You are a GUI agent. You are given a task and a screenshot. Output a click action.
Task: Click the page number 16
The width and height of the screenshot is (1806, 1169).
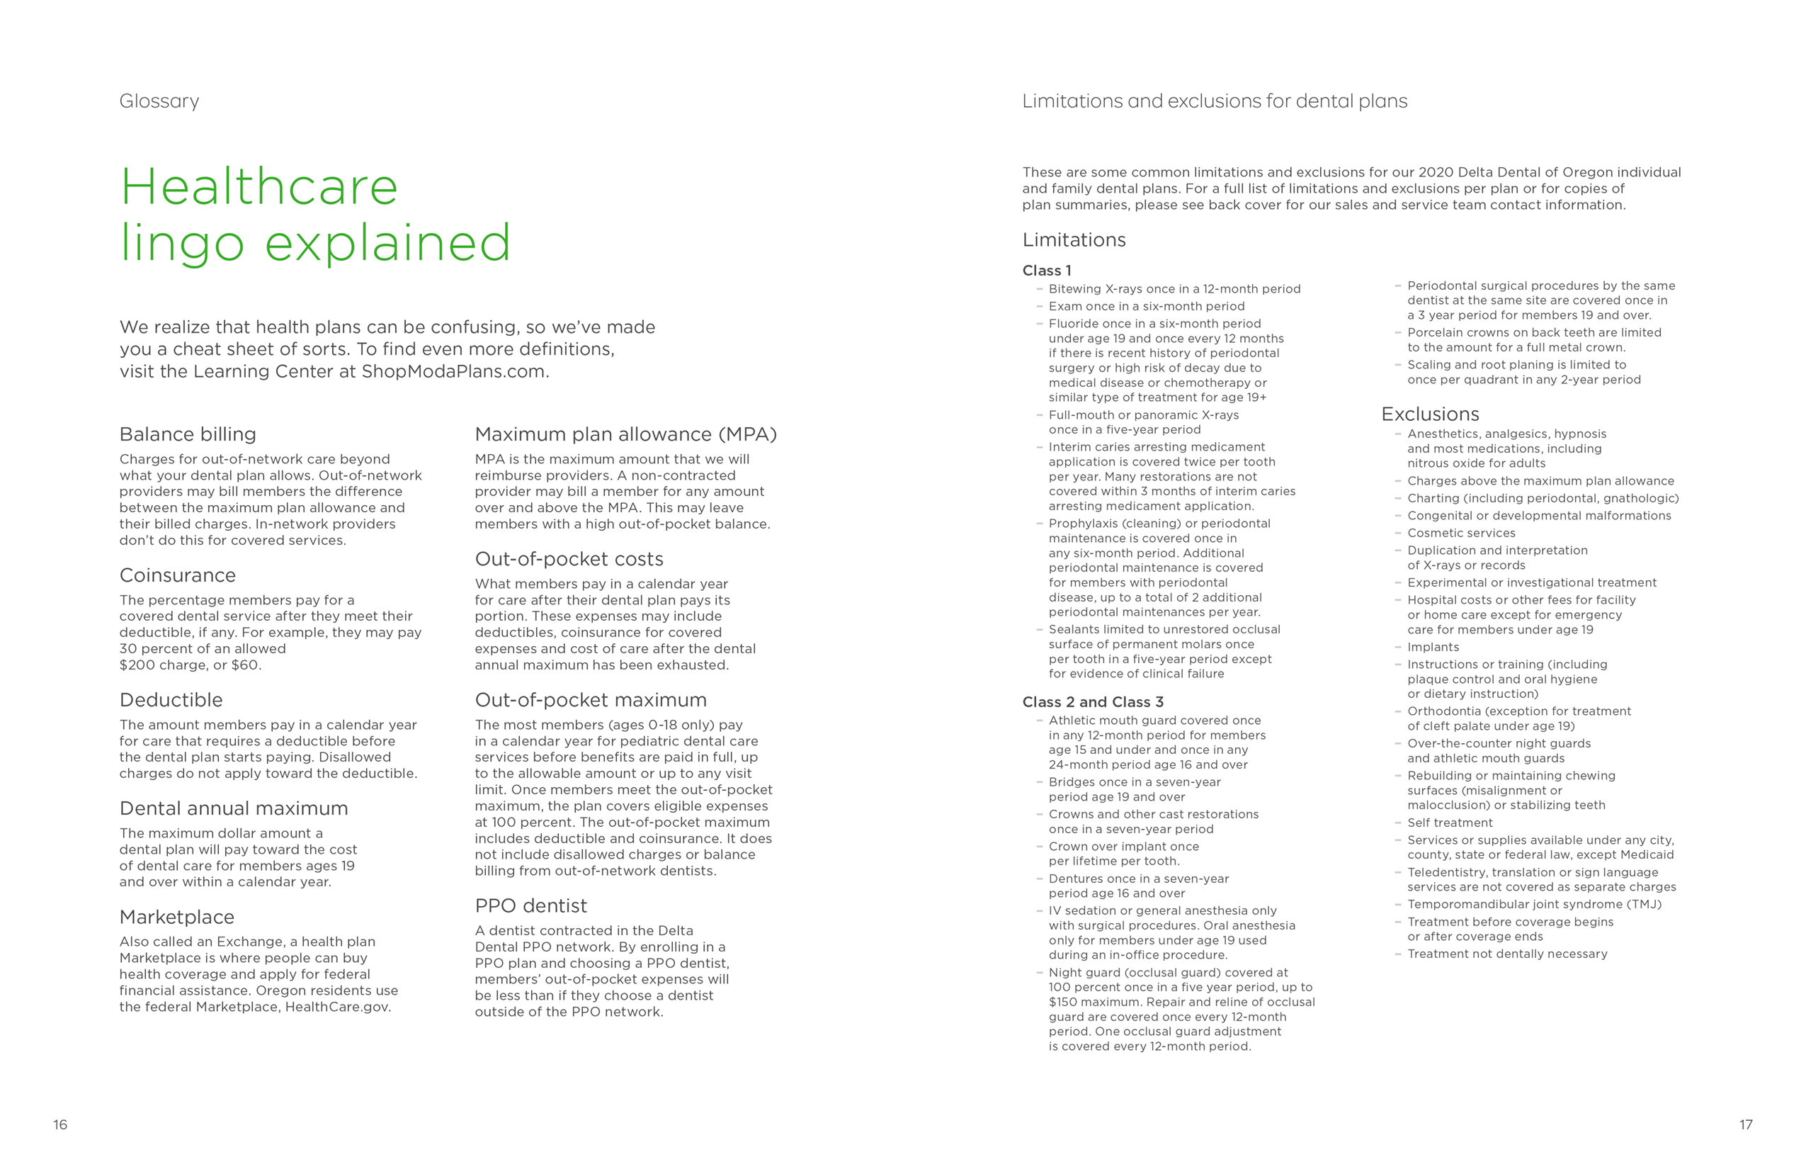[60, 1124]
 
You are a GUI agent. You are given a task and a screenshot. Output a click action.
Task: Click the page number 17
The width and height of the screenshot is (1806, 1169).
[1746, 1124]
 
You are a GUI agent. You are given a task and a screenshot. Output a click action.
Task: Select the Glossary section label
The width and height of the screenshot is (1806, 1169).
[159, 101]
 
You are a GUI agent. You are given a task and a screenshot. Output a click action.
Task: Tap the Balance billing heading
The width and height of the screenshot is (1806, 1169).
[188, 434]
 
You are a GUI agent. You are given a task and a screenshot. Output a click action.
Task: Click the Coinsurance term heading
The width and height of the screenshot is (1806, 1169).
[178, 575]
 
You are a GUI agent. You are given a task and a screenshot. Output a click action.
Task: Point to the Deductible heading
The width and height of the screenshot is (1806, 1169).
[171, 700]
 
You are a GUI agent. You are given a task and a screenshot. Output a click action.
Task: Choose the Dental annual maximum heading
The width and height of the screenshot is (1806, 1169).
[234, 808]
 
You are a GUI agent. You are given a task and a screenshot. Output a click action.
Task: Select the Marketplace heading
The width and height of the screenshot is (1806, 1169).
[177, 917]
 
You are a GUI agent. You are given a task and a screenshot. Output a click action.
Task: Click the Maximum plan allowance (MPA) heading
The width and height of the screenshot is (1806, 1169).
[625, 434]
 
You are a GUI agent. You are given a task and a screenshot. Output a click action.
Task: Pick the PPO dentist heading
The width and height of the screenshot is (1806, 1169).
[530, 905]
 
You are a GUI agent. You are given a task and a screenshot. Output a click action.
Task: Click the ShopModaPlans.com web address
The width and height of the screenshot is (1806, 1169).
[453, 371]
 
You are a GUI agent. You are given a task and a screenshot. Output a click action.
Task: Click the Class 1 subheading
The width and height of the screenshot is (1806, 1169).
[1047, 270]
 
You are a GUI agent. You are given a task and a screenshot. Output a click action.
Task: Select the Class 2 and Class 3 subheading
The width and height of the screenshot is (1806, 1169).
[1092, 702]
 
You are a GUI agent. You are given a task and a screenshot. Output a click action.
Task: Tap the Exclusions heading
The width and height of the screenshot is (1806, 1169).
[1430, 414]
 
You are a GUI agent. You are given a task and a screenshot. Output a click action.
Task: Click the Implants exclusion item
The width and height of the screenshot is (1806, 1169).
[1433, 648]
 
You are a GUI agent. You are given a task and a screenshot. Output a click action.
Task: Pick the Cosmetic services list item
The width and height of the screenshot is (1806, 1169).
[1460, 533]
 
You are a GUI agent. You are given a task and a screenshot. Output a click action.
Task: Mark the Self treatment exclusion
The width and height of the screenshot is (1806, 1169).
[1449, 823]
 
